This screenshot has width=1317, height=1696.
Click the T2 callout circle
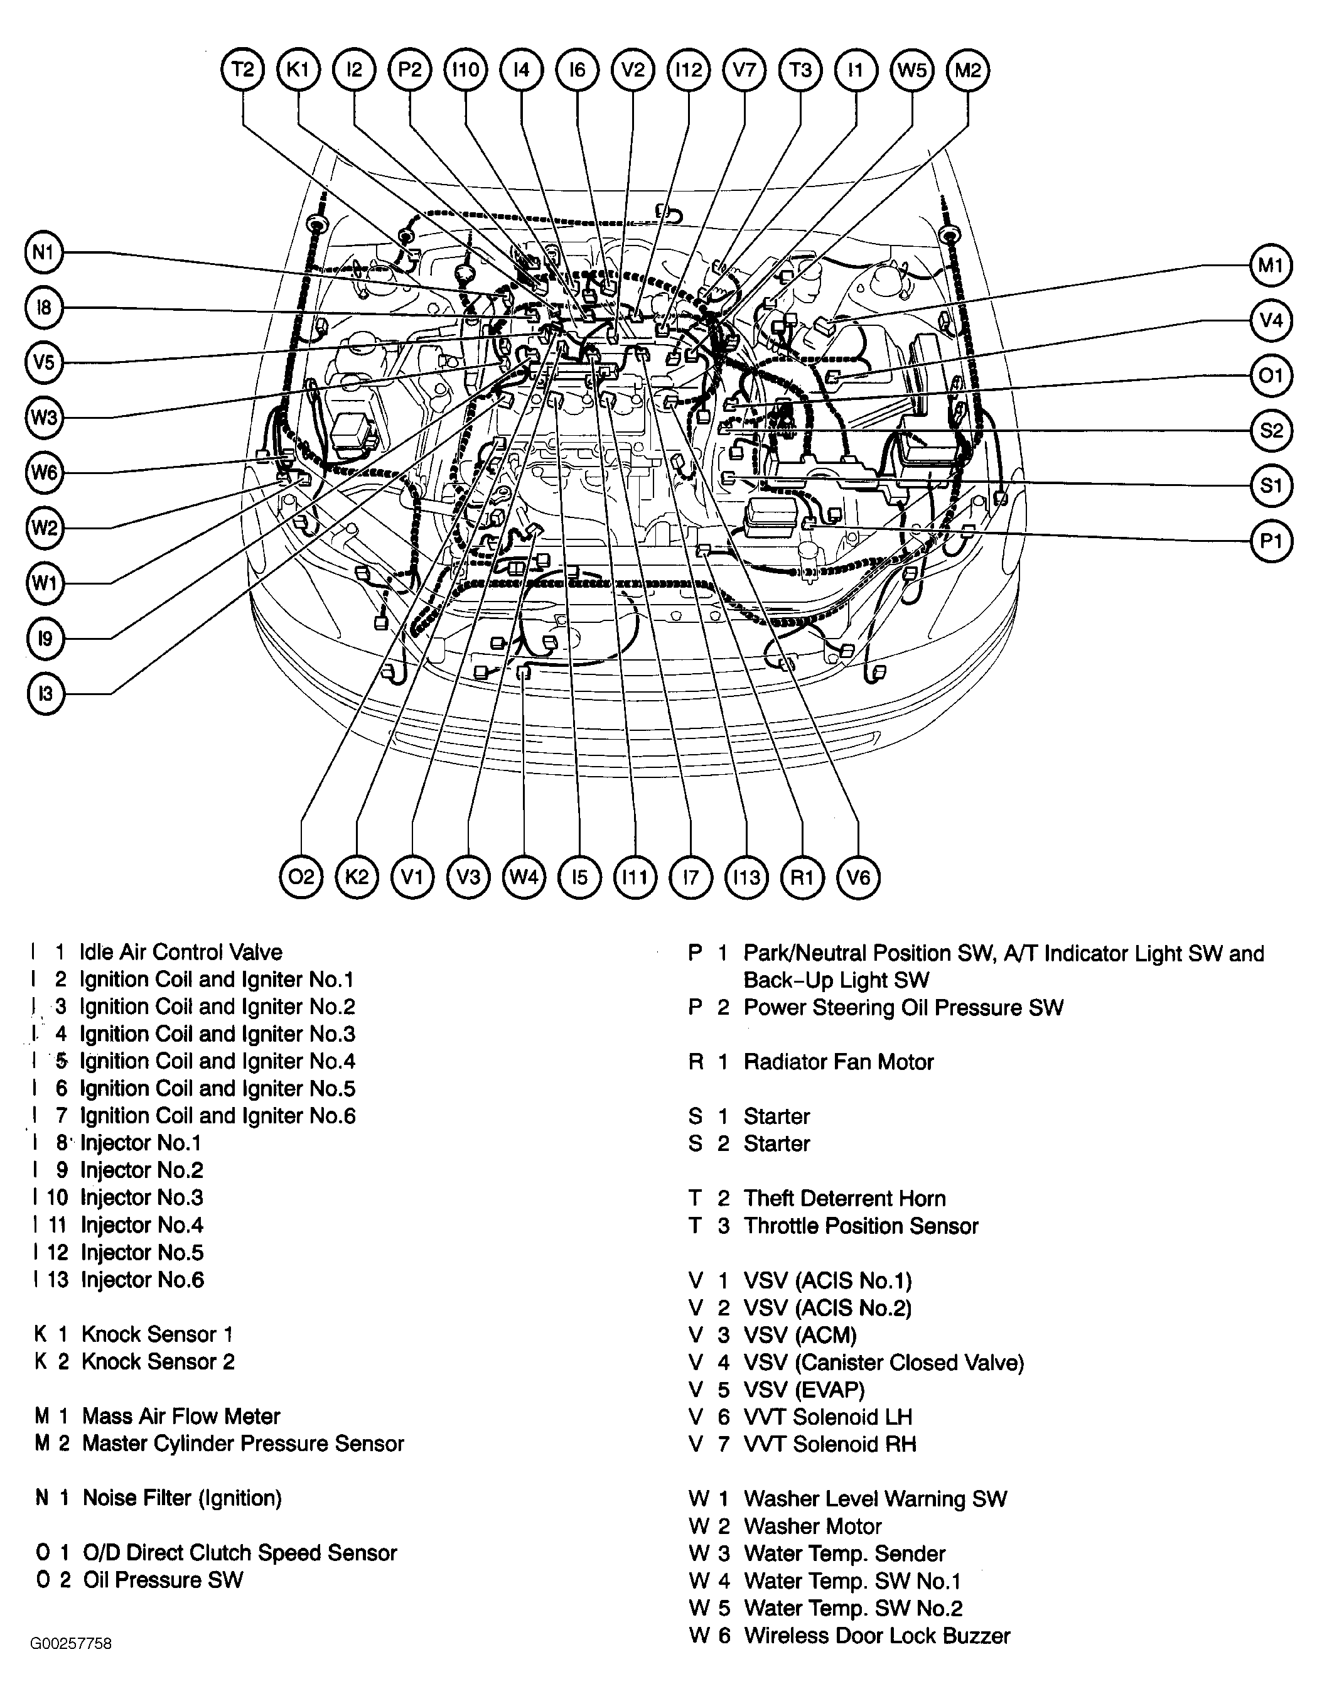242,70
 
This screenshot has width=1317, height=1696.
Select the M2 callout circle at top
967,70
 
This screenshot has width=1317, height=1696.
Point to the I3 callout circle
45,693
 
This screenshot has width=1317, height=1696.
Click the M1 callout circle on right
1271,266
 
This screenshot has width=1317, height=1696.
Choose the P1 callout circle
1271,541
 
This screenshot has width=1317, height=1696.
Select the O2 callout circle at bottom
301,877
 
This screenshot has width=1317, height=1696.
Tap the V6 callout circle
858,877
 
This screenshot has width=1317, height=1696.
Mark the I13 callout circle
746,877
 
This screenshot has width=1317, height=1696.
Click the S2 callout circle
1271,430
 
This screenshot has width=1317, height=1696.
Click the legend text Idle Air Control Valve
180,952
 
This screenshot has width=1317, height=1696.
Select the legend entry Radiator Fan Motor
838,1062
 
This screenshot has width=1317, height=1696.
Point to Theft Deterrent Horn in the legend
844,1198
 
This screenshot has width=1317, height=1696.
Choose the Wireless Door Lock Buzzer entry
877,1636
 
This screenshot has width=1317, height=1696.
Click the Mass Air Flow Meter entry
180,1417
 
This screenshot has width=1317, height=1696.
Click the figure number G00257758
71,1644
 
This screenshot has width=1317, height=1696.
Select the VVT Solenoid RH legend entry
829,1444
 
